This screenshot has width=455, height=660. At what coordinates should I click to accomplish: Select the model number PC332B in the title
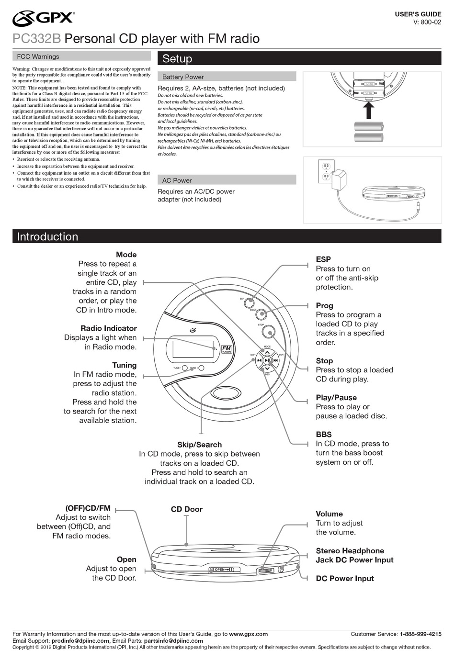pyautogui.click(x=36, y=39)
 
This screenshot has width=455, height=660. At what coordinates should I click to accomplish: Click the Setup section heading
pyautogui.click(x=177, y=59)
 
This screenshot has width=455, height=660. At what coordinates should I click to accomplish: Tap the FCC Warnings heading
pyautogui.click(x=38, y=56)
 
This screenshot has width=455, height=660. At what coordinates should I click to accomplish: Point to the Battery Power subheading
pyautogui.click(x=183, y=77)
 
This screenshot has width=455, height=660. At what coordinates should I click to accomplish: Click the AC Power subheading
pyautogui.click(x=177, y=180)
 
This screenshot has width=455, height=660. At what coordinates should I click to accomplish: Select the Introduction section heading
pyautogui.click(x=47, y=236)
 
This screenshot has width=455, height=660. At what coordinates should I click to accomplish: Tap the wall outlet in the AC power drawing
pyautogui.click(x=326, y=171)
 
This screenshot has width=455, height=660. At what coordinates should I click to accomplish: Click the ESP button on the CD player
pyautogui.click(x=249, y=302)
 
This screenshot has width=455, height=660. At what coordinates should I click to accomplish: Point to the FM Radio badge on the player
pyautogui.click(x=227, y=349)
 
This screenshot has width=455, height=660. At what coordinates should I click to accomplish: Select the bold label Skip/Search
pyautogui.click(x=199, y=445)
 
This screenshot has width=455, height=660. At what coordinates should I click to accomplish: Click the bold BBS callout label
pyautogui.click(x=324, y=435)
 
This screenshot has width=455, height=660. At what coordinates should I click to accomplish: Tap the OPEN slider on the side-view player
pyautogui.click(x=224, y=570)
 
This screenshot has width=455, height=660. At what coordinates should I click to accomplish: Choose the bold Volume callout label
pyautogui.click(x=329, y=514)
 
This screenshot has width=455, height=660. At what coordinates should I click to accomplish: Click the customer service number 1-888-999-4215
pyautogui.click(x=421, y=634)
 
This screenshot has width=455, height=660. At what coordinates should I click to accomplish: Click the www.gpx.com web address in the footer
pyautogui.click(x=248, y=634)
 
